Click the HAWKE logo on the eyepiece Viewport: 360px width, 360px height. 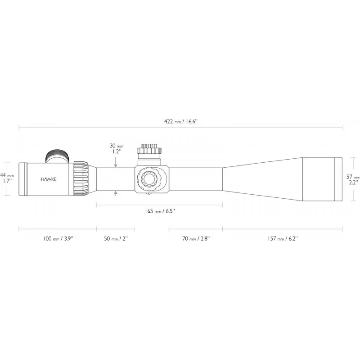click(x=48, y=179)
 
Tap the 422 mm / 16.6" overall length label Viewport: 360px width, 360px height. click(x=181, y=122)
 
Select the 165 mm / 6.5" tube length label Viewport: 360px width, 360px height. click(x=160, y=211)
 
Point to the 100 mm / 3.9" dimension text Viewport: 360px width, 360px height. click(x=58, y=239)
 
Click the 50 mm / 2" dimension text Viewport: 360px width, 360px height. click(x=116, y=239)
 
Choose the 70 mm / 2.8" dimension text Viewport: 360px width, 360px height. click(x=196, y=239)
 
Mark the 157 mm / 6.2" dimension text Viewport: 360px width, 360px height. click(x=283, y=239)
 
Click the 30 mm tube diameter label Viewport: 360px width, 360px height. click(x=116, y=146)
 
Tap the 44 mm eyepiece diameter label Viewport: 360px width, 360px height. click(x=7, y=175)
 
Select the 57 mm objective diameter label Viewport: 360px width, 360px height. click(x=353, y=176)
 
